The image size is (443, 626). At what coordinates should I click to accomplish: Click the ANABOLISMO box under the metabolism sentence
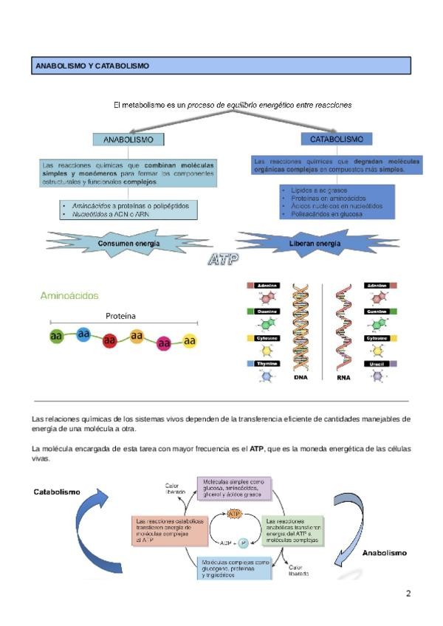pos(128,139)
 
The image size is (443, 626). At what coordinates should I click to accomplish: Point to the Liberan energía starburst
pos(319,243)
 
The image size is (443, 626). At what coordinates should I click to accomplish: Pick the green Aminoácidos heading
pos(69,296)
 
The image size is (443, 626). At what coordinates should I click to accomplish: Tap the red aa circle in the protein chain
pos(110,340)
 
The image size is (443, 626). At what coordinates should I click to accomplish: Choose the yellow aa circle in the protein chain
pos(190,340)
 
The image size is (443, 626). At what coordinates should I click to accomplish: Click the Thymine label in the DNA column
pos(267,364)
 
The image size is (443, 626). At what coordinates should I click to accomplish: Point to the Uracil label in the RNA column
pos(377,364)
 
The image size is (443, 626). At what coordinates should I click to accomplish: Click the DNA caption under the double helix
pos(301,377)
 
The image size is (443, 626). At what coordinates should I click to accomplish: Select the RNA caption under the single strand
pos(343,377)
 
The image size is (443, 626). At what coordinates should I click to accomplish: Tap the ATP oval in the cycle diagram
pos(235,513)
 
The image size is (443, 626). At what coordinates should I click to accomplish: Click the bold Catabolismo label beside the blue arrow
pos(57,491)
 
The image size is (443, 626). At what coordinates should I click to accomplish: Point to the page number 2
pos(408,593)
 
